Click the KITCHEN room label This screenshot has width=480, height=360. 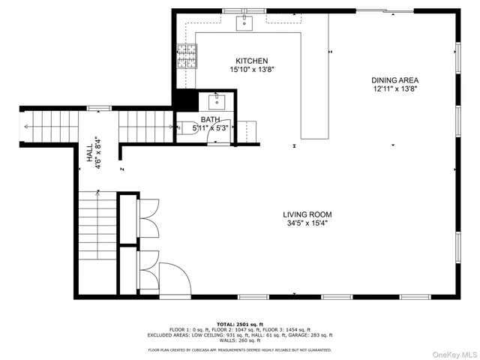point(252,61)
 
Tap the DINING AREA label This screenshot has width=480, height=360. point(394,80)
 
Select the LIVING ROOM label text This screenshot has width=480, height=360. point(307,214)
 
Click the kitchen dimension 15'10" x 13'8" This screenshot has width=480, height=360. point(252,70)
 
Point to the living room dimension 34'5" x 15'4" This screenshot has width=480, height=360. point(307,223)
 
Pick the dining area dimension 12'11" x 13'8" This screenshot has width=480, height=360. point(394,88)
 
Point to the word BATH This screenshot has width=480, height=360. point(209,119)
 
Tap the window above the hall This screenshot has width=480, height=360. point(94,108)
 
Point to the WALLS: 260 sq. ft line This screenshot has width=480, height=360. point(239,341)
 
